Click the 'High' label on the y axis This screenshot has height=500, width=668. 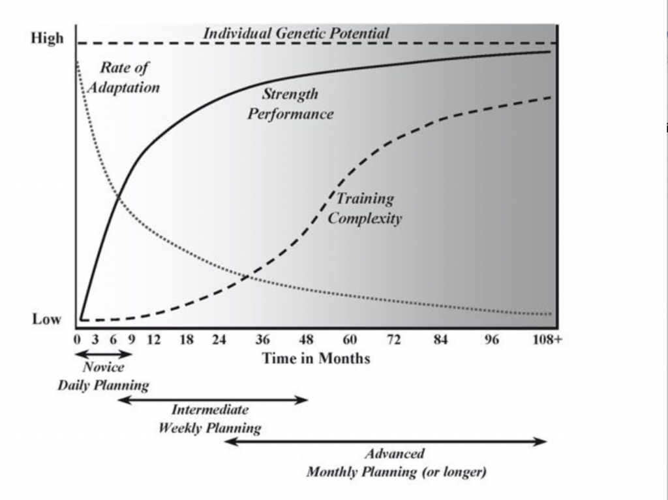pyautogui.click(x=48, y=38)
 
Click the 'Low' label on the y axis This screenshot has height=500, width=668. pyautogui.click(x=46, y=319)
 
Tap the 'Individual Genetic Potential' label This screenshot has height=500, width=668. pyautogui.click(x=296, y=33)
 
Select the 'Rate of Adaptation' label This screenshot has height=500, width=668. pyautogui.click(x=123, y=78)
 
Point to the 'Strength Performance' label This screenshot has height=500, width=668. pyautogui.click(x=290, y=104)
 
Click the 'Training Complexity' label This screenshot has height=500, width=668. pyautogui.click(x=365, y=208)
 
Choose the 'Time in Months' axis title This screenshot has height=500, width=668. pyautogui.click(x=316, y=358)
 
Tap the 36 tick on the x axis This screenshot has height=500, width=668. pyautogui.click(x=262, y=339)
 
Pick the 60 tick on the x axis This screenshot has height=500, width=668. pyautogui.click(x=350, y=339)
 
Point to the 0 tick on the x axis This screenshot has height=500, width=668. pyautogui.click(x=77, y=339)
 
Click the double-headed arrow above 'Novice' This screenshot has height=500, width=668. pyautogui.click(x=104, y=354)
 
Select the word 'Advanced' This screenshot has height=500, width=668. pyautogui.click(x=394, y=454)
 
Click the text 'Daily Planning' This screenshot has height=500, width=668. pyautogui.click(x=103, y=384)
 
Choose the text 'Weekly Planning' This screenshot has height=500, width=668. pyautogui.click(x=209, y=428)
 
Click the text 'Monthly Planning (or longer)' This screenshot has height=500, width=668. pyautogui.click(x=396, y=472)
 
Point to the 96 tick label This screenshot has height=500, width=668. pyautogui.click(x=491, y=339)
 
